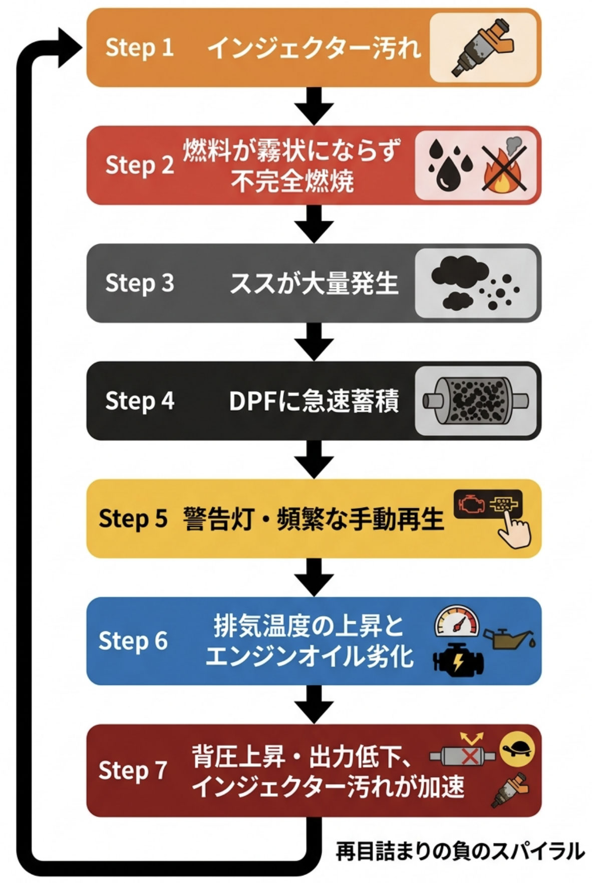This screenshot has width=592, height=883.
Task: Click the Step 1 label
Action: click(x=139, y=48)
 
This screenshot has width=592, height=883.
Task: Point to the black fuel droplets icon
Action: click(x=450, y=165)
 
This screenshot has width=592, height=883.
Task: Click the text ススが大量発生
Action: click(x=314, y=284)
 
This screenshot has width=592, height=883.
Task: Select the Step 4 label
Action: click(x=140, y=401)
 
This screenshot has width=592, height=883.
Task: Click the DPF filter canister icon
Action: click(x=475, y=401)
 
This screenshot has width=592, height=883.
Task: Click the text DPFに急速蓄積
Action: click(x=314, y=402)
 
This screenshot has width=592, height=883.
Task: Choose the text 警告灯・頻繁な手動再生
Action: click(x=314, y=519)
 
